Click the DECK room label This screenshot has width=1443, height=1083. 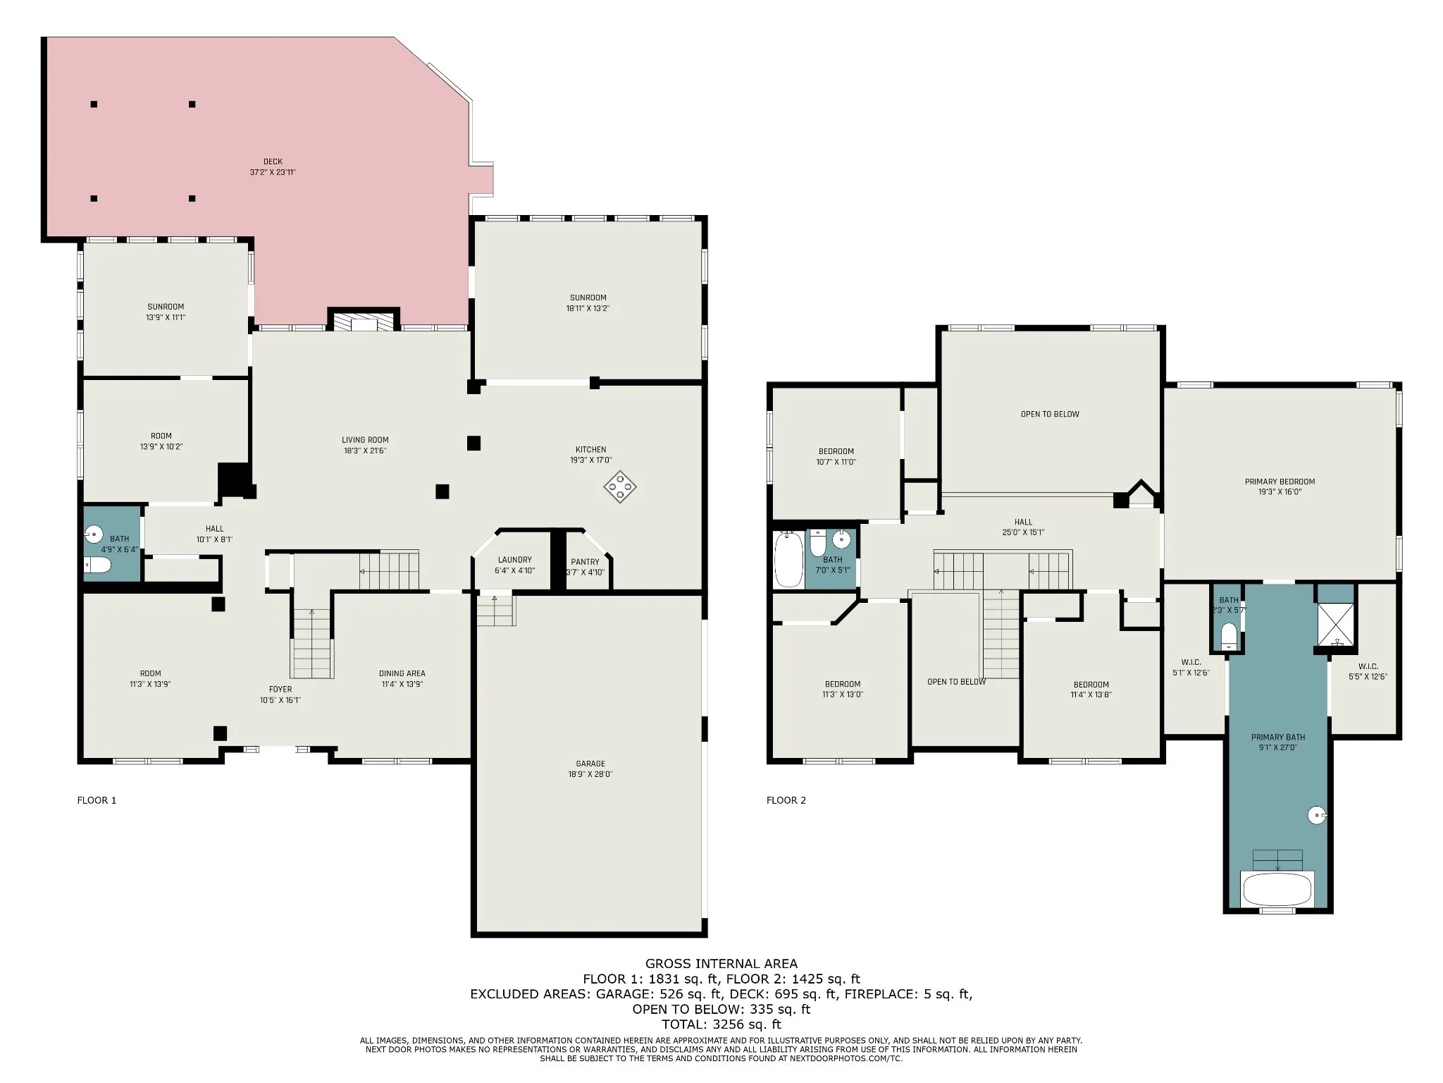(x=273, y=162)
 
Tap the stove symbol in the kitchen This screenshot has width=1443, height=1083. (x=620, y=487)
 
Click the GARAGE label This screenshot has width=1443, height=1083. (x=590, y=764)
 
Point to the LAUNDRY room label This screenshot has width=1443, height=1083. (x=514, y=560)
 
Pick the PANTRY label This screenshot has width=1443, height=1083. (x=585, y=562)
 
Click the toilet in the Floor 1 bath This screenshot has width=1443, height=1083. (x=98, y=565)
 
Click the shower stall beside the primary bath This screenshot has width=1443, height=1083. (x=1335, y=624)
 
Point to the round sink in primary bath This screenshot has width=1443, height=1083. (x=1317, y=816)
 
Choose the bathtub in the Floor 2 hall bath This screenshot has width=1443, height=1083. (x=788, y=560)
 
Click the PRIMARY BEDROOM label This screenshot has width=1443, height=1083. (x=1280, y=482)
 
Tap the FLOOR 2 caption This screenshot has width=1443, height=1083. (x=786, y=800)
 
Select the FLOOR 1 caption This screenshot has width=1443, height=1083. (x=97, y=800)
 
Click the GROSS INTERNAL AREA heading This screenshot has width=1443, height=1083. (x=721, y=964)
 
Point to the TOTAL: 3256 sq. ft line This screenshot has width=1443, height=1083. (x=721, y=1024)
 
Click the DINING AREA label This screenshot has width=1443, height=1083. (x=402, y=673)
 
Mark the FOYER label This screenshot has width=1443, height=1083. (x=280, y=690)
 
